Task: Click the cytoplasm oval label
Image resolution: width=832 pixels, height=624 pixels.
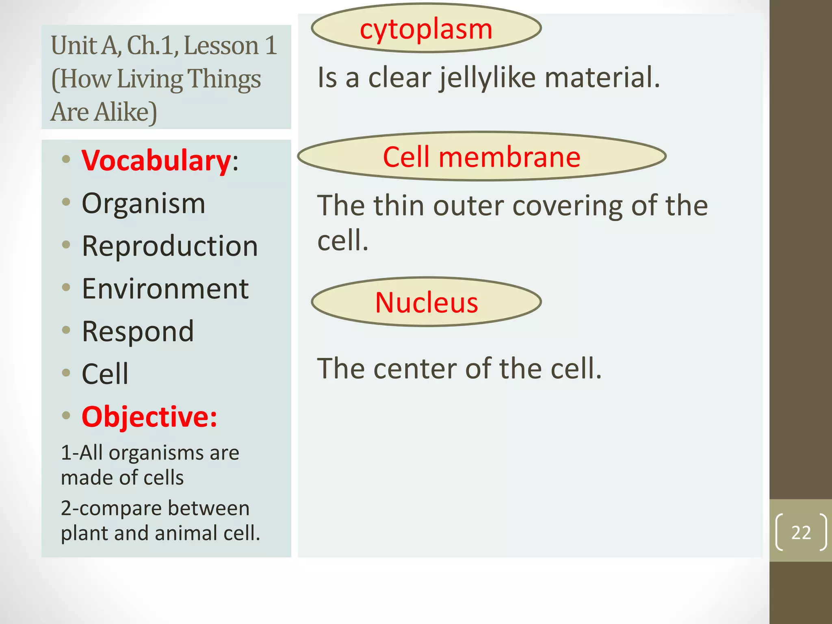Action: [x=426, y=28]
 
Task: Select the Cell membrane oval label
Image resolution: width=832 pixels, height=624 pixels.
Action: [x=481, y=156]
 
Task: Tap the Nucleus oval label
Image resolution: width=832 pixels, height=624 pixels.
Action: [x=426, y=302]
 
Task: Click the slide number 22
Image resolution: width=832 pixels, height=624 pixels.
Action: [x=801, y=532]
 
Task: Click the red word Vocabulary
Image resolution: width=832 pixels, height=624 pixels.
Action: [x=156, y=161]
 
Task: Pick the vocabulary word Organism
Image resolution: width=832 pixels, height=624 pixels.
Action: [x=143, y=204]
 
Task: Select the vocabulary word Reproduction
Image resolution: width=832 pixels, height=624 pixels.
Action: [x=170, y=246]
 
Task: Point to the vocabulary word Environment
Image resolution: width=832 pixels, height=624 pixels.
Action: [x=165, y=289]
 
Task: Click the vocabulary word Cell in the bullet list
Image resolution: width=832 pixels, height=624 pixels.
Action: [x=105, y=374]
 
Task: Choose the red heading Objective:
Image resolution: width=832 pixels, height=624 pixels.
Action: [x=149, y=417]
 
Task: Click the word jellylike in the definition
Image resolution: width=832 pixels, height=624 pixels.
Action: [x=487, y=78]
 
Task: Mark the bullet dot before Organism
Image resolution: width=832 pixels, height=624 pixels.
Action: [x=66, y=202]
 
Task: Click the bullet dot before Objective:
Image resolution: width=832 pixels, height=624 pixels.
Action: [x=66, y=415]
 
